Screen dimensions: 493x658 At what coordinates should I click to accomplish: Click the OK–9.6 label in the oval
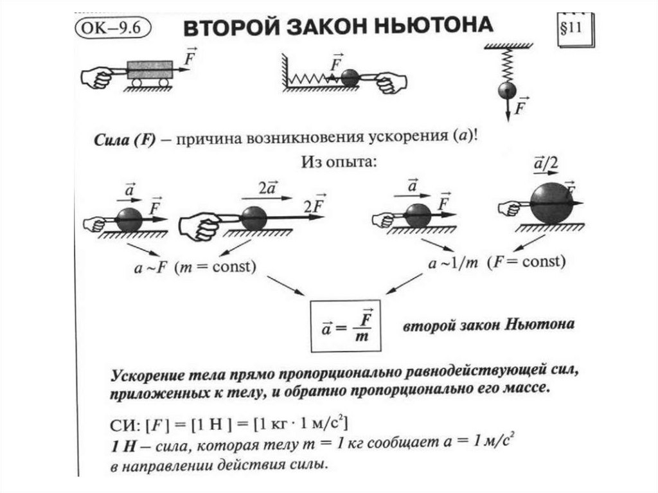[x=112, y=29]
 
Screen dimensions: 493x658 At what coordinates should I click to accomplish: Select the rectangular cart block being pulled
[x=150, y=69]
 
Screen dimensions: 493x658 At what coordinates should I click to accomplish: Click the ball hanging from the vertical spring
[x=509, y=89]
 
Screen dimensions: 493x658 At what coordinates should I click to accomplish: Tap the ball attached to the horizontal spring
[x=350, y=78]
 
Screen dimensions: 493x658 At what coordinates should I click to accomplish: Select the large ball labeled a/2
[x=551, y=203]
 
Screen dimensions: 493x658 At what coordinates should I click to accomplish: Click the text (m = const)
[x=216, y=267]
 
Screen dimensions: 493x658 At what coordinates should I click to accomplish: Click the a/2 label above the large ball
[x=545, y=163]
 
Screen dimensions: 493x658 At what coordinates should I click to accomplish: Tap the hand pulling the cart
[x=97, y=77]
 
